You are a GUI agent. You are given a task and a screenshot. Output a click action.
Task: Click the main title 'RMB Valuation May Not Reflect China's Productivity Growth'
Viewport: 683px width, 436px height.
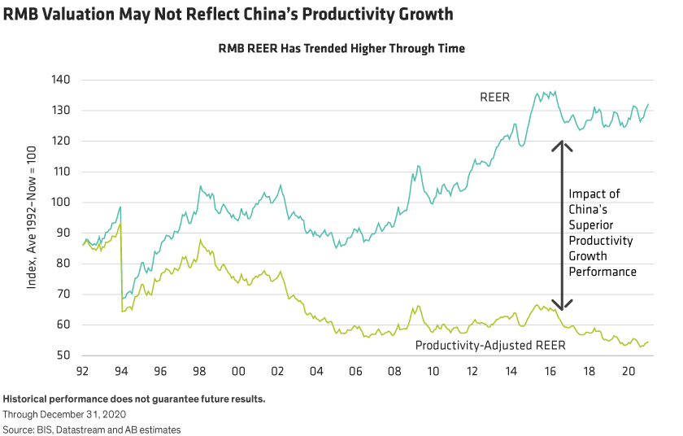click(x=228, y=15)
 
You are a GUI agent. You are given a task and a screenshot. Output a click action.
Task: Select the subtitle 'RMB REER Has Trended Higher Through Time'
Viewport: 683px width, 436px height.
click(x=341, y=49)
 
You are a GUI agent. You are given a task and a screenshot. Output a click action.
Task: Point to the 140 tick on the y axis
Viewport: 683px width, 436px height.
click(x=62, y=80)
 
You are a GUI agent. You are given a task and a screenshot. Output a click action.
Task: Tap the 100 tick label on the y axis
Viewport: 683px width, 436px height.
click(x=62, y=203)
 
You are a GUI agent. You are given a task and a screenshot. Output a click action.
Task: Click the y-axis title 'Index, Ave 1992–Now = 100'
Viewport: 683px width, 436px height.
click(x=32, y=218)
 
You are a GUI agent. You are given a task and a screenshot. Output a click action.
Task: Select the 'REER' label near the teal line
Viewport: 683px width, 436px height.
click(x=494, y=98)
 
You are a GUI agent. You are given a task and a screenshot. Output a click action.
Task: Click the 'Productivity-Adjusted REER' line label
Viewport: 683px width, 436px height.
click(x=490, y=345)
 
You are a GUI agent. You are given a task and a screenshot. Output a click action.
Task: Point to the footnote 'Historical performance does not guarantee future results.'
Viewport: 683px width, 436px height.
click(x=134, y=399)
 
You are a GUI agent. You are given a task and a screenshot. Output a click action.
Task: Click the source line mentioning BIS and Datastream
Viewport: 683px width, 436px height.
click(x=92, y=429)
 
